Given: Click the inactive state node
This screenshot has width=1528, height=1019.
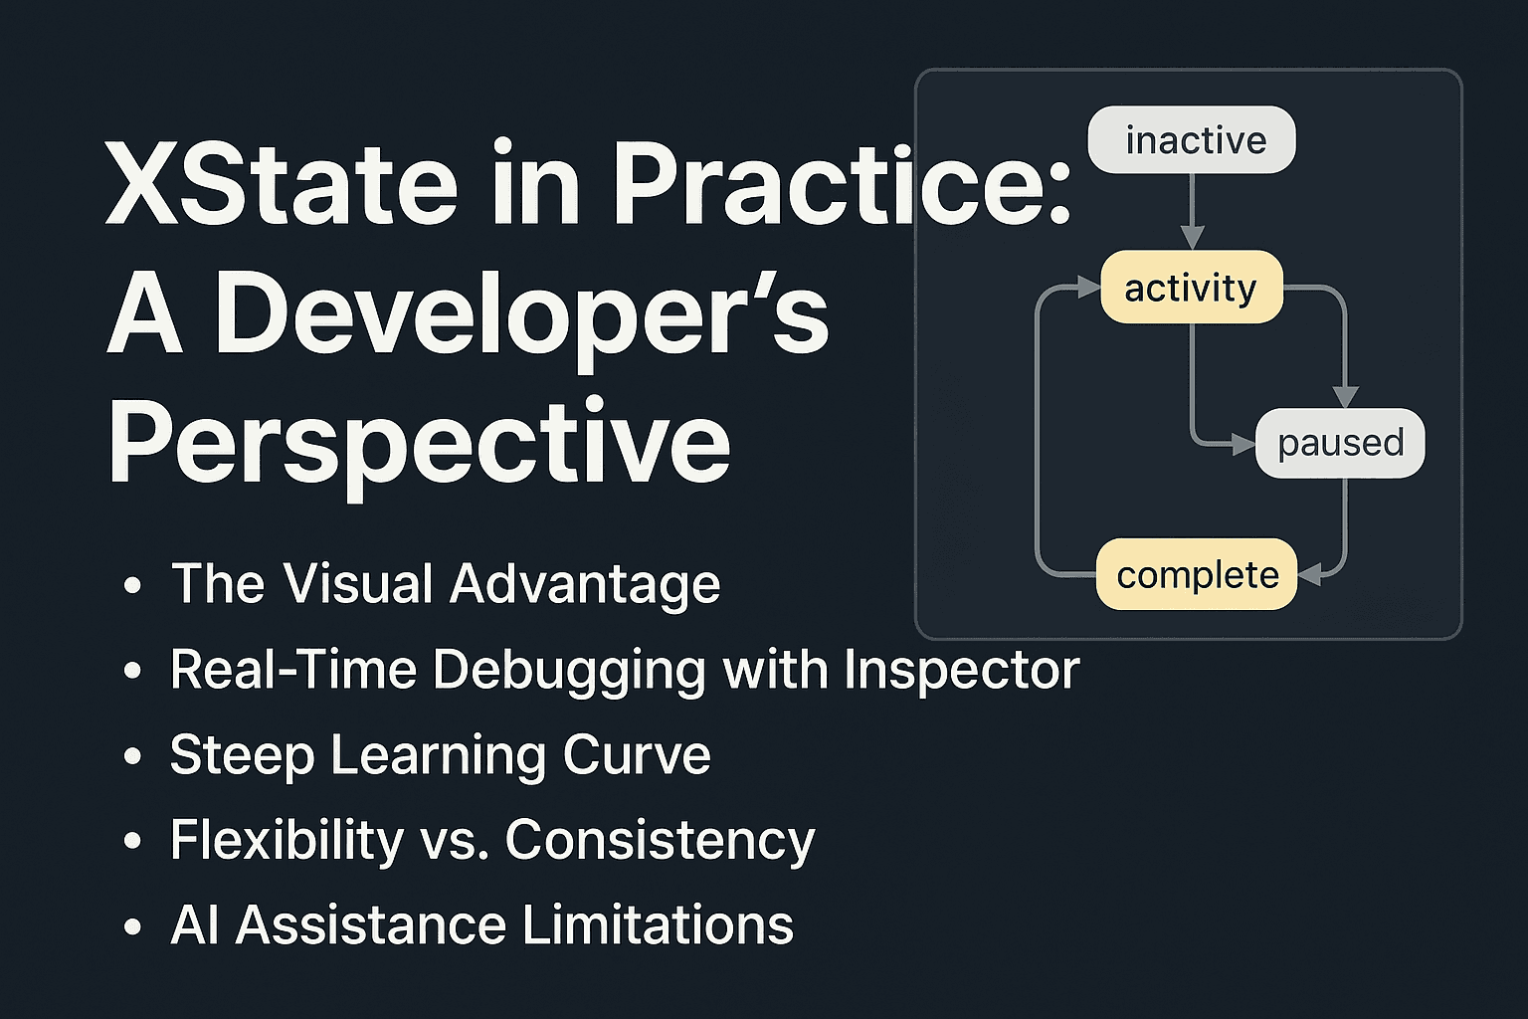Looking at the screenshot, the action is pyautogui.click(x=1192, y=140).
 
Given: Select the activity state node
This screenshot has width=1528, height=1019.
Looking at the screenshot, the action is pyautogui.click(x=1192, y=288).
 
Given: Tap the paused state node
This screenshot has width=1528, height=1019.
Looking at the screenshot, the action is pyautogui.click(x=1340, y=443).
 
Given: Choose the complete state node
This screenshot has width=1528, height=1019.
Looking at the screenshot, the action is pyautogui.click(x=1197, y=574).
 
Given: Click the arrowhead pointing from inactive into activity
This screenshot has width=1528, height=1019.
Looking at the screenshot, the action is pyautogui.click(x=1192, y=238).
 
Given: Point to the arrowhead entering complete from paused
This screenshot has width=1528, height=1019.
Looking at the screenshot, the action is pyautogui.click(x=1310, y=574).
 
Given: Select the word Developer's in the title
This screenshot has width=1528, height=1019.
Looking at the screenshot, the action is pyautogui.click(x=522, y=313).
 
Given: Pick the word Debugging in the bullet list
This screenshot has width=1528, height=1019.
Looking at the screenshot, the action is pyautogui.click(x=569, y=671).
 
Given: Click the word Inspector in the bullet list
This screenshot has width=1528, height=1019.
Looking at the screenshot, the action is pyautogui.click(x=962, y=671).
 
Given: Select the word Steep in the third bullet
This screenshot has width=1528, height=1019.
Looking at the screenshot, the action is pyautogui.click(x=242, y=755).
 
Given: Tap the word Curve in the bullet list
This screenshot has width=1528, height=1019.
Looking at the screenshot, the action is pyautogui.click(x=637, y=755).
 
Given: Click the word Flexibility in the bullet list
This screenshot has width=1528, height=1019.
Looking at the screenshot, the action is pyautogui.click(x=287, y=840).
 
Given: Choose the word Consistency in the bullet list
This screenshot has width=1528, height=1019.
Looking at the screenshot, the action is pyautogui.click(x=661, y=840).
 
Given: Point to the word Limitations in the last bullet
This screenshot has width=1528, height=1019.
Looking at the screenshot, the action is pyautogui.click(x=658, y=924).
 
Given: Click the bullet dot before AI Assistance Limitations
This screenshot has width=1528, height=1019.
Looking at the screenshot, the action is pyautogui.click(x=133, y=926).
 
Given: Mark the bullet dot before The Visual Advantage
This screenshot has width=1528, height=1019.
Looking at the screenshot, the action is pyautogui.click(x=133, y=585).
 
